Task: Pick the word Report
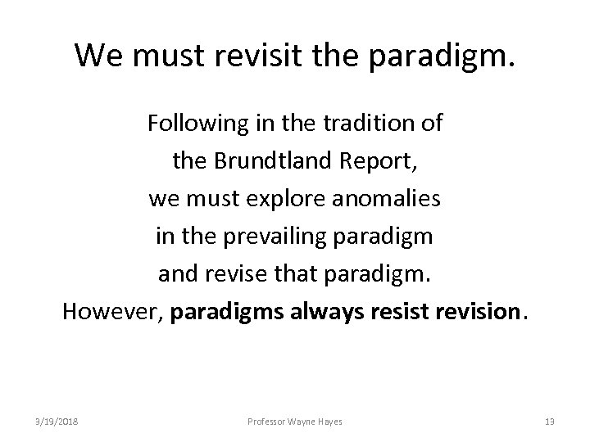pyautogui.click(x=380, y=161)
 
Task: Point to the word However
pyautogui.click(x=112, y=312)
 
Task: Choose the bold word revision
pyautogui.click(x=480, y=312)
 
